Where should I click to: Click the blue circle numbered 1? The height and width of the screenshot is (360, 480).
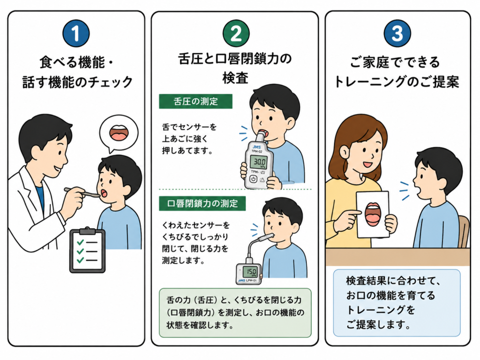(76, 33)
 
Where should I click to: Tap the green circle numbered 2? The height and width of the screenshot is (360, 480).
(236, 33)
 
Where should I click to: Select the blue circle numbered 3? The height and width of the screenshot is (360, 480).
(397, 33)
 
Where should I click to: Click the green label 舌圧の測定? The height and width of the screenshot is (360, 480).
(195, 101)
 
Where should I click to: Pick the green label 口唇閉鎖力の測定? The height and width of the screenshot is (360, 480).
(202, 203)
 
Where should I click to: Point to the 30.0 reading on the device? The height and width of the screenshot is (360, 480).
(259, 161)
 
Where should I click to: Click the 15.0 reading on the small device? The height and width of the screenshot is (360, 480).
(250, 271)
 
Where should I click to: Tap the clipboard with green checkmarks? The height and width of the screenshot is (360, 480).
(88, 250)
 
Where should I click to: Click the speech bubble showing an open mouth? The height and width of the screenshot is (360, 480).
(119, 133)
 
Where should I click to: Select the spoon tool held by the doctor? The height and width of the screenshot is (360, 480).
(82, 192)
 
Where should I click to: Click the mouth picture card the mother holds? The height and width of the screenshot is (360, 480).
(373, 214)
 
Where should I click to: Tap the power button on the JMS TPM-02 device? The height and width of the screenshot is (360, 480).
(253, 179)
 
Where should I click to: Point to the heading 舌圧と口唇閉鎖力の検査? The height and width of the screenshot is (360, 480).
(235, 68)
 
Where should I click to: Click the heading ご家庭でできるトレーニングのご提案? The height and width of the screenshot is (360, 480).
(397, 72)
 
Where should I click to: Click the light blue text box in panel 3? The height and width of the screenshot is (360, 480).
(397, 303)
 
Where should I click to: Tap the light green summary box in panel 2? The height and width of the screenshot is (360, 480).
(235, 313)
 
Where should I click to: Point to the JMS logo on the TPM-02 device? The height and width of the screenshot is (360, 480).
(256, 147)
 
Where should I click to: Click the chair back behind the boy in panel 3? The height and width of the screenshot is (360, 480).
(464, 231)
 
